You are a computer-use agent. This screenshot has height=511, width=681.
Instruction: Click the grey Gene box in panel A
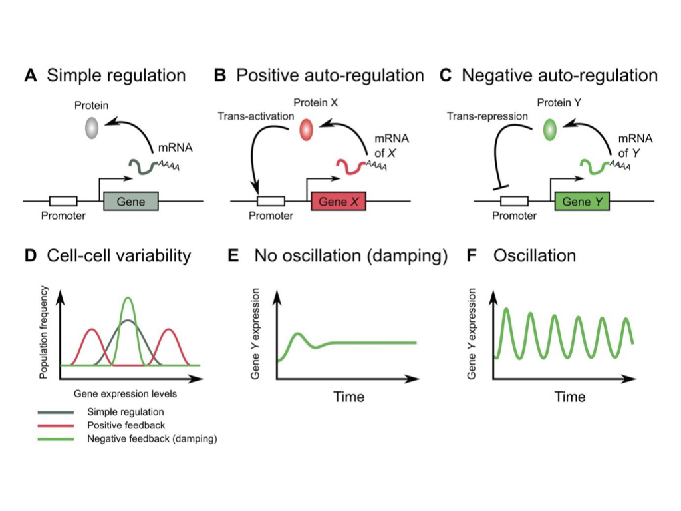click(x=131, y=201)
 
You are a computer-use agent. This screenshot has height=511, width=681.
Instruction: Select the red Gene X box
click(x=339, y=201)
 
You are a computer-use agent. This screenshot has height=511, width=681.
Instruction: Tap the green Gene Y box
click(x=582, y=201)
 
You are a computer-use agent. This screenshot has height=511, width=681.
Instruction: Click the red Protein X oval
click(x=307, y=129)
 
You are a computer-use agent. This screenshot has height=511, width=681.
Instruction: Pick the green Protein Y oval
click(x=550, y=129)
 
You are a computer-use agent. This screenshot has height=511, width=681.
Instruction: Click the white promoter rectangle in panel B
click(x=271, y=201)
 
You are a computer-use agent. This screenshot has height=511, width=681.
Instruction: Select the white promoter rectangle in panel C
click(x=514, y=201)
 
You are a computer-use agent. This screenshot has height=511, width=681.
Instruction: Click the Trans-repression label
click(x=487, y=116)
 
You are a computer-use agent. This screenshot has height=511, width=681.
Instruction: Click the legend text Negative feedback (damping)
click(x=152, y=438)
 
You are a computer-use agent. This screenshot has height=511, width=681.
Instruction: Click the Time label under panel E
click(x=348, y=397)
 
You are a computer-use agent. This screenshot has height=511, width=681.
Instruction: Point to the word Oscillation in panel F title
click(x=534, y=255)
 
